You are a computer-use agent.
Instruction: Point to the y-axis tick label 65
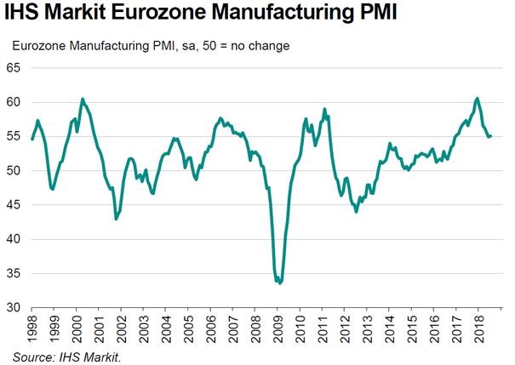(16, 67)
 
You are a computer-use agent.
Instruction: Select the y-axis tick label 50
(16, 170)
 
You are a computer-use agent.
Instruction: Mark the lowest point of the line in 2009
(280, 283)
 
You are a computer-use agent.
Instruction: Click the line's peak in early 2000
(83, 99)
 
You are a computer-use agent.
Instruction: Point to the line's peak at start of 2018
(477, 99)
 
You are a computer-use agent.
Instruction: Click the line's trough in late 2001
(116, 219)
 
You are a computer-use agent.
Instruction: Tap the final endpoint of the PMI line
(490, 135)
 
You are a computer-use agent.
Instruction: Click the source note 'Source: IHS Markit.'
(67, 356)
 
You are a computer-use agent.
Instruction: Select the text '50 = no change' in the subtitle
(248, 45)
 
